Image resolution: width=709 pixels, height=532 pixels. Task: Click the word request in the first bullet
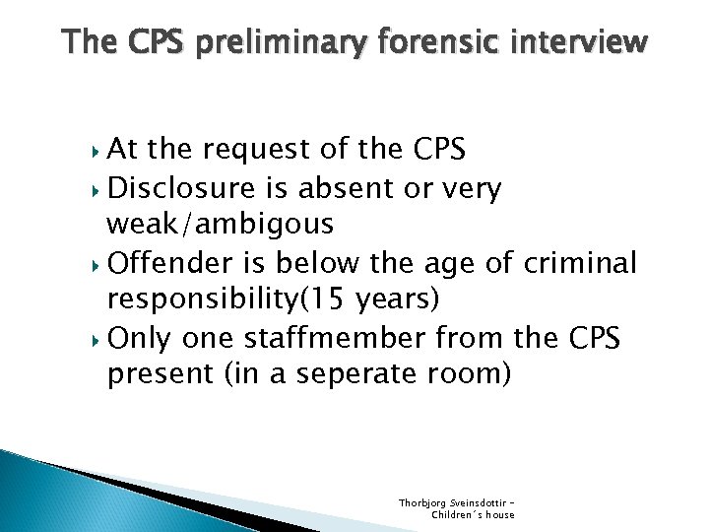(x=264, y=151)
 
